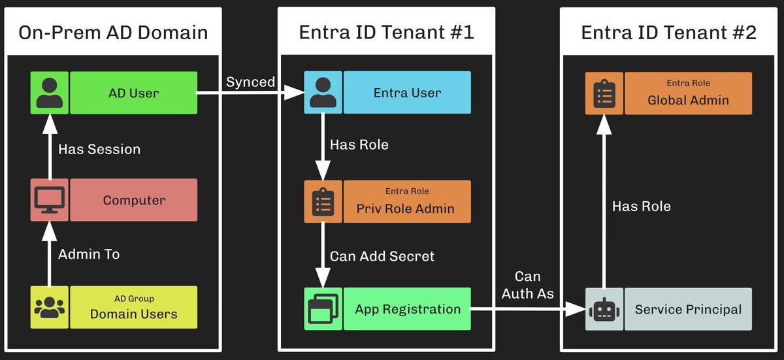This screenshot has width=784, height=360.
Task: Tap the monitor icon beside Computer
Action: coord(50,200)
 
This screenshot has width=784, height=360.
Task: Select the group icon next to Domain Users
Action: coord(50,307)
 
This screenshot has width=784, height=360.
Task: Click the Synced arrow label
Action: coord(251,82)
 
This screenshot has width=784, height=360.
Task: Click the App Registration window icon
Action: coord(323,309)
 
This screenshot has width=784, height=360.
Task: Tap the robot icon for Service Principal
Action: coord(604,309)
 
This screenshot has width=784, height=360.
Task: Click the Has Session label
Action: coord(99,150)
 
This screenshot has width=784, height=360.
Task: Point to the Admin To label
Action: coord(89,254)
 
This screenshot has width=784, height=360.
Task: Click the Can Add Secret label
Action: coord(382,257)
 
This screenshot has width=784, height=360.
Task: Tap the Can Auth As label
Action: coord(527,285)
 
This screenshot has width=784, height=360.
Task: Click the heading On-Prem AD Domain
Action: coord(113,33)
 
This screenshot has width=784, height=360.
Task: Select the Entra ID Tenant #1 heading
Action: coord(386,32)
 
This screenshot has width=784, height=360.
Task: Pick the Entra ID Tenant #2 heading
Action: coord(668,33)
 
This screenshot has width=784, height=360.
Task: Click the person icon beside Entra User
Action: coord(323,92)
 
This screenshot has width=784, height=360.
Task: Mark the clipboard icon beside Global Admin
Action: coord(604,93)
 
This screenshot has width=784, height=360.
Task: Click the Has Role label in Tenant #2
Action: coord(641,206)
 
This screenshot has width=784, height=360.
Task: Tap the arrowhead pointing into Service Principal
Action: coord(576,309)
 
